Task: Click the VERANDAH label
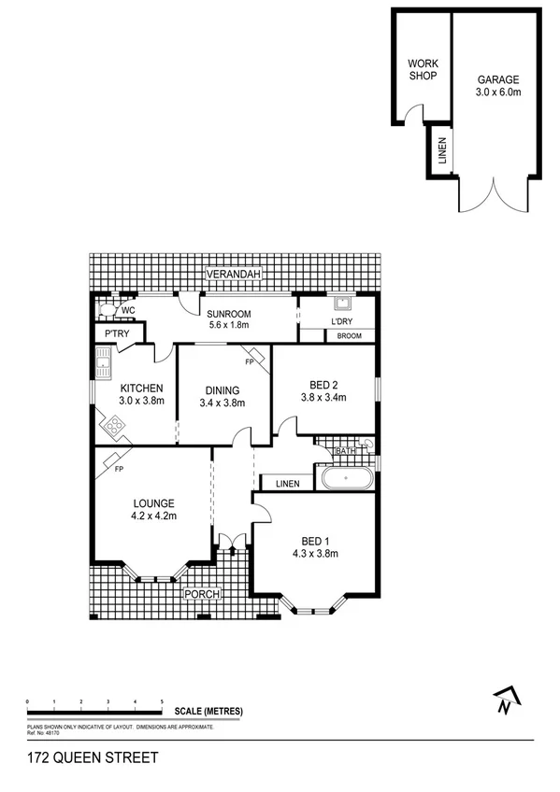pyautogui.click(x=234, y=274)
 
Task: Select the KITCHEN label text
pyautogui.click(x=142, y=389)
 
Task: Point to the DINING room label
pyautogui.click(x=221, y=390)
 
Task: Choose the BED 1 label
pyautogui.click(x=315, y=541)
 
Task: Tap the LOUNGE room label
pyautogui.click(x=153, y=503)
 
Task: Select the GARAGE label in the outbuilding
pyautogui.click(x=496, y=80)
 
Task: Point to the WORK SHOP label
pyautogui.click(x=422, y=70)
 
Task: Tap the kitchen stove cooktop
pyautogui.click(x=115, y=428)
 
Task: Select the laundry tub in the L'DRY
pyautogui.click(x=342, y=303)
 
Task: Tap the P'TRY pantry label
pyautogui.click(x=118, y=334)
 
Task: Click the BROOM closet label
pyautogui.click(x=349, y=336)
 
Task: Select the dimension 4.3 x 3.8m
pyautogui.click(x=315, y=554)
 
